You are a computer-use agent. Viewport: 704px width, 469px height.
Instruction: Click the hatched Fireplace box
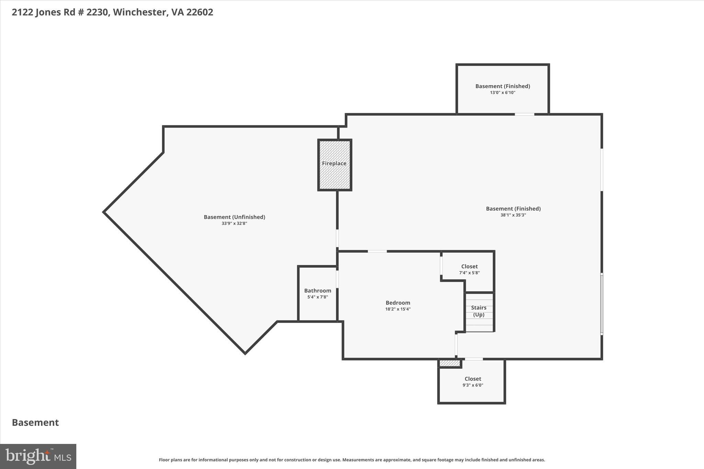click(334, 165)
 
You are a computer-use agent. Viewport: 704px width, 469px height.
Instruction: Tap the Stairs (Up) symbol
click(480, 312)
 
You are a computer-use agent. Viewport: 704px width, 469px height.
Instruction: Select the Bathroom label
click(318, 291)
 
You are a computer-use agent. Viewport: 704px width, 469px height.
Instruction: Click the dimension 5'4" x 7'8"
click(318, 297)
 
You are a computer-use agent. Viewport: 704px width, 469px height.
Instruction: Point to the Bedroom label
click(398, 303)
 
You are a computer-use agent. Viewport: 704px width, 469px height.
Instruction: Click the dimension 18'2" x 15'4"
click(398, 309)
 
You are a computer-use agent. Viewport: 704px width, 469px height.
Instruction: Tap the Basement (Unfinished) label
click(234, 217)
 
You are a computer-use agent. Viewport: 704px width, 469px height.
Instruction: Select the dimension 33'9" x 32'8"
click(234, 223)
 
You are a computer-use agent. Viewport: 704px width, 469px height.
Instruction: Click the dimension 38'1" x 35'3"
click(513, 215)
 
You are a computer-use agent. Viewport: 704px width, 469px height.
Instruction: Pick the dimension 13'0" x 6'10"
click(503, 92)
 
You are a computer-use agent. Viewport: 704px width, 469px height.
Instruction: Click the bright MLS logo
click(38, 456)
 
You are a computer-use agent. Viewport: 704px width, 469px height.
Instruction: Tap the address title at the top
click(112, 12)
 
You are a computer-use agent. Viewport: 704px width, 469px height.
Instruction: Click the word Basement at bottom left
click(35, 423)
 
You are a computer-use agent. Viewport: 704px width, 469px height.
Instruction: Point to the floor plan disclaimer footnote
click(352, 460)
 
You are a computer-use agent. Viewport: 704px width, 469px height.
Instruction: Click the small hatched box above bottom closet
click(450, 363)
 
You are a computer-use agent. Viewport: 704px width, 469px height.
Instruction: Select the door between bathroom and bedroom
click(337, 279)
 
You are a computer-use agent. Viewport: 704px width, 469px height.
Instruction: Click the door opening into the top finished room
click(524, 114)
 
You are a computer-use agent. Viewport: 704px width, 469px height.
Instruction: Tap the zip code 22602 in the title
click(200, 12)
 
